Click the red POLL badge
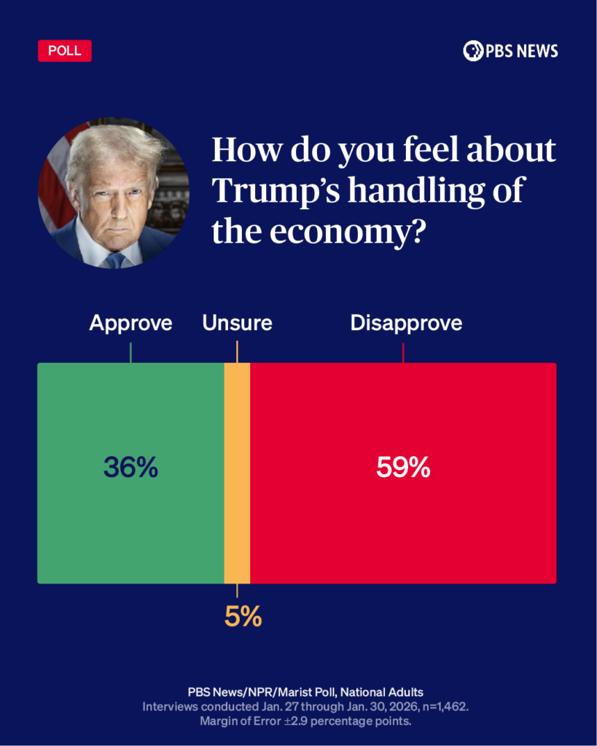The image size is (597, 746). pos(64,51)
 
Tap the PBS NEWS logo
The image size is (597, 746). pos(510,50)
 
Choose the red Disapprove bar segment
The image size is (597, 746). pos(403,525)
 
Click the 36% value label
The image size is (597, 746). pos(130,468)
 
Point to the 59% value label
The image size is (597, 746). pos(403,468)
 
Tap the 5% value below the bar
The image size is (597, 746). pos(243,617)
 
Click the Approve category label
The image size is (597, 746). pos(130,323)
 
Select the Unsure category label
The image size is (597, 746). pos(237,323)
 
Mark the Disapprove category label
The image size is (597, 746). pos(406,323)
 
